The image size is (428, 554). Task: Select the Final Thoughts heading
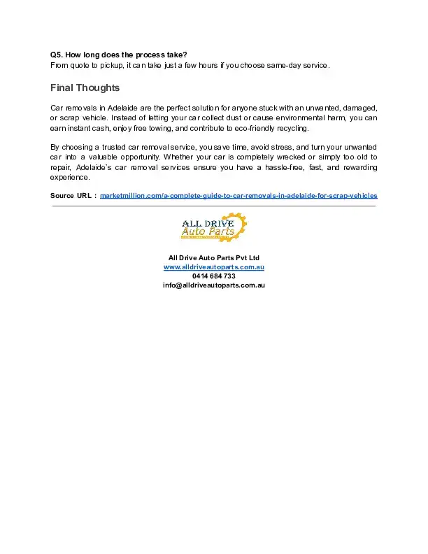[x=85, y=88]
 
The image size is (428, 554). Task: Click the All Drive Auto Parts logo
[x=213, y=228]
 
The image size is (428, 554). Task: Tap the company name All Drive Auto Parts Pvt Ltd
[x=213, y=258]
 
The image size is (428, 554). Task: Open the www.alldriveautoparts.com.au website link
[x=213, y=267]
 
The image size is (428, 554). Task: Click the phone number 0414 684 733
[x=213, y=276]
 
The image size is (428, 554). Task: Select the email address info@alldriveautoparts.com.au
[x=213, y=285]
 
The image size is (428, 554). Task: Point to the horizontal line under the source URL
[x=213, y=206]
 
